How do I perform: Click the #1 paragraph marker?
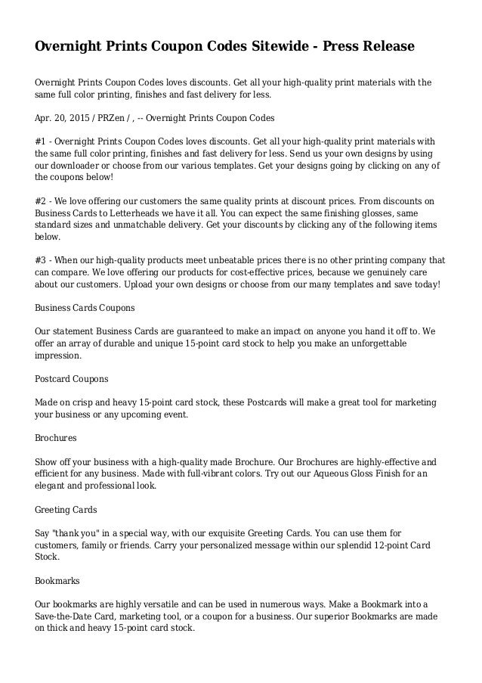tap(42, 142)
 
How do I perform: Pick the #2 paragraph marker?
tap(42, 201)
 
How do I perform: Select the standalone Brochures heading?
tap(57, 438)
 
